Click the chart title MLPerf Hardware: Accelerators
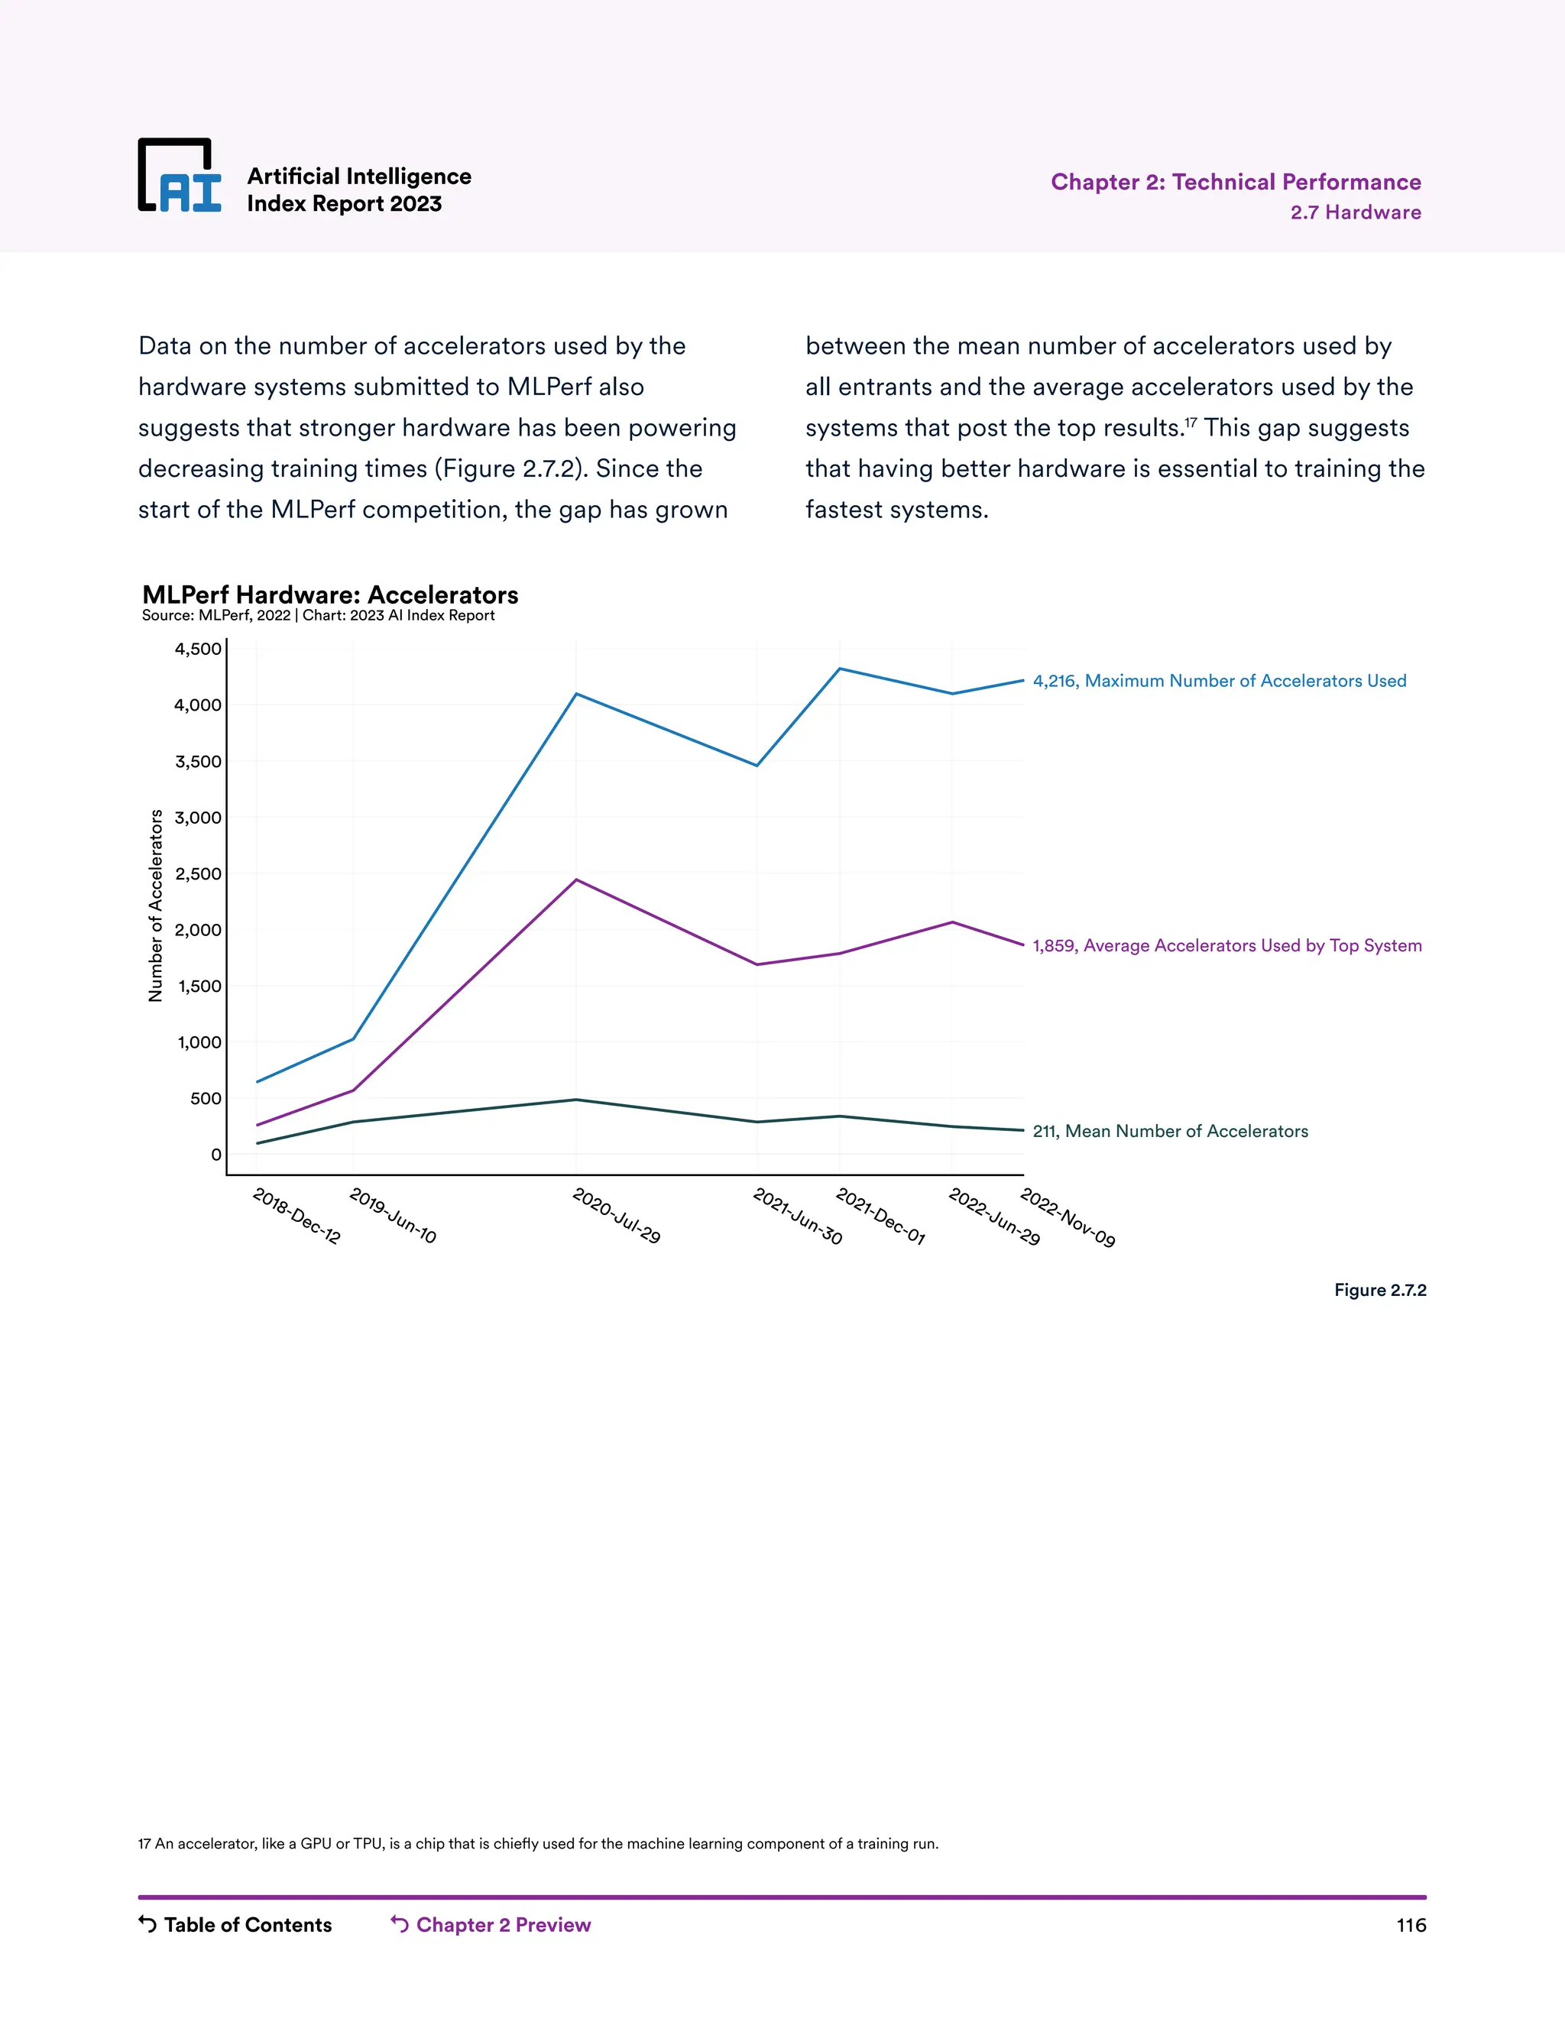[330, 595]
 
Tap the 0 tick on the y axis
[216, 1155]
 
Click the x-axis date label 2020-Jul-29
[617, 1216]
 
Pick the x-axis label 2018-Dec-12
[296, 1216]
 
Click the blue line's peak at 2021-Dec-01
[840, 669]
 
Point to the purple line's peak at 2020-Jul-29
[577, 880]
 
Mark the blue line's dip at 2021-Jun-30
[757, 766]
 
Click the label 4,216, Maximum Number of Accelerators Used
[1219, 682]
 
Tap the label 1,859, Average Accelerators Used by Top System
[1226, 946]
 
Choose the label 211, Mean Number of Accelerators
[1170, 1131]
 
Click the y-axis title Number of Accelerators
[156, 906]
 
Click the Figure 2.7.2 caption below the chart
[1379, 1291]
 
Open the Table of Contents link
[235, 1925]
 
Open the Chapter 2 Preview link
[491, 1925]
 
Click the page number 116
[1410, 1926]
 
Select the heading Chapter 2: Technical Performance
[1235, 182]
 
